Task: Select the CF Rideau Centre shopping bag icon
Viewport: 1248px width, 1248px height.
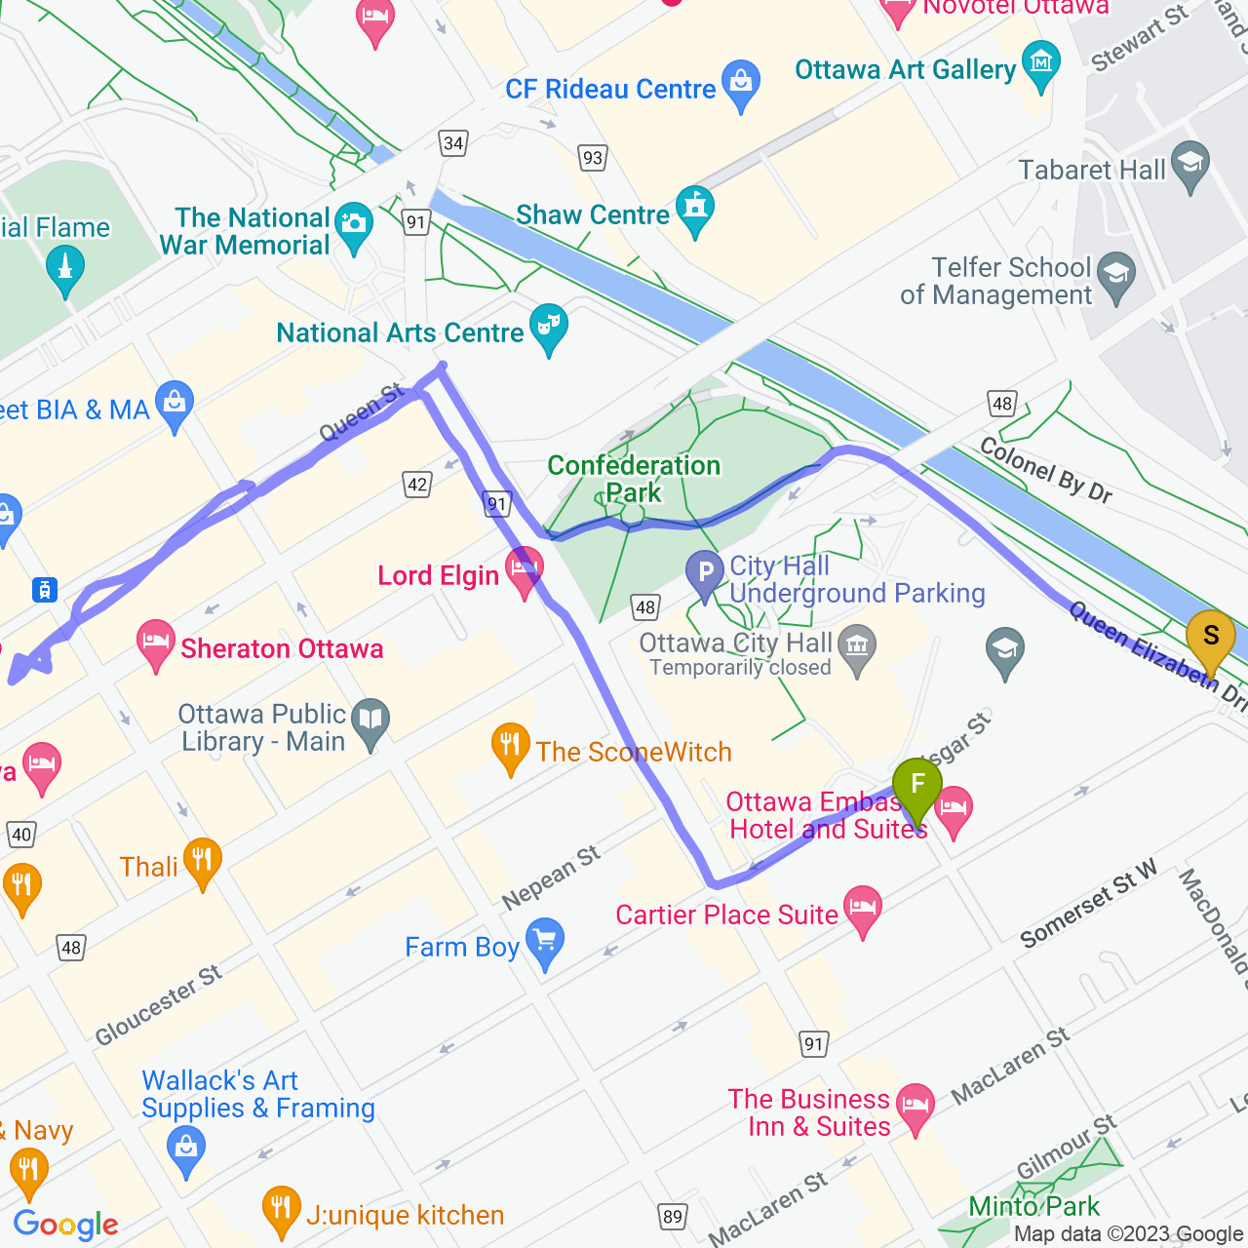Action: coord(741,85)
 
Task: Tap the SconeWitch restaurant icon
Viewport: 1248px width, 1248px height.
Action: coord(510,747)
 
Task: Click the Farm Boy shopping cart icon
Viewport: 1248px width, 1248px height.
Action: coord(545,942)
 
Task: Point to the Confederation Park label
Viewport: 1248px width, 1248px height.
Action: coord(634,479)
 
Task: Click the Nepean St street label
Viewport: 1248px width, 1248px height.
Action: coord(551,877)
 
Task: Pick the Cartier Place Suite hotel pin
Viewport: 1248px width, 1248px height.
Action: coord(863,910)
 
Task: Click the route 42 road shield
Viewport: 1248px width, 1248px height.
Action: coord(417,485)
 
